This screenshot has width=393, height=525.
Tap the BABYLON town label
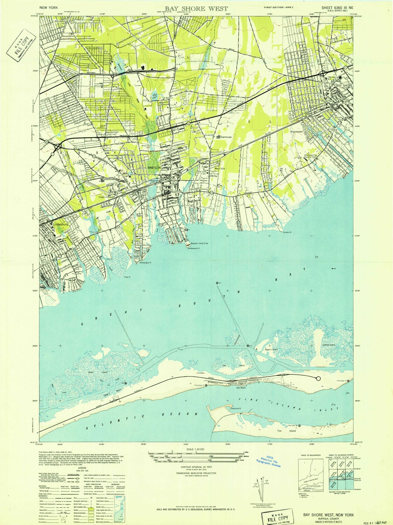tap(154, 168)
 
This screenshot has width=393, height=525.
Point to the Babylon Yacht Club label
tap(199, 243)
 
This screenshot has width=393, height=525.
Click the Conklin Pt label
tap(287, 233)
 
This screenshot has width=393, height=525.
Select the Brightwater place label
tap(296, 132)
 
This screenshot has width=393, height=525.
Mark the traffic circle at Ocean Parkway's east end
tap(318, 379)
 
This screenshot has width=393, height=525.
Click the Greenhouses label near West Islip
tap(224, 137)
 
